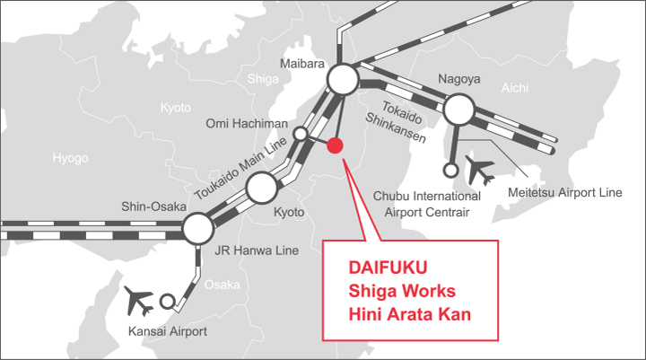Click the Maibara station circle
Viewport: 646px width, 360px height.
343,79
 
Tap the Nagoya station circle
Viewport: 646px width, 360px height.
459,110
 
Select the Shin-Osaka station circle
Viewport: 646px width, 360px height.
198,228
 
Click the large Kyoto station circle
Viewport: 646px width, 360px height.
262,188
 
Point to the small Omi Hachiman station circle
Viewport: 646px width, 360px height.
301,134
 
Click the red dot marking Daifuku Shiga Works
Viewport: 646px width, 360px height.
335,145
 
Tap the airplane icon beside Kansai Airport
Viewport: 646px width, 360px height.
139,300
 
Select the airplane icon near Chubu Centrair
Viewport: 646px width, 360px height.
480,170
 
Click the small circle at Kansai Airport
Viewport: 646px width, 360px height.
167,302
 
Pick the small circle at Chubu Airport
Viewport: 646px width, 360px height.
450,170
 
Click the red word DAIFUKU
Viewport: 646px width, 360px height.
388,268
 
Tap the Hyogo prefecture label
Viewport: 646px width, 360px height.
71,158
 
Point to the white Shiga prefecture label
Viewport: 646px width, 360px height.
263,79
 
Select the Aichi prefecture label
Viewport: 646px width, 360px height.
515,88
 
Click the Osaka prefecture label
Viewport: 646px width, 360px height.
223,285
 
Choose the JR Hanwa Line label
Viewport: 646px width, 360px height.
257,250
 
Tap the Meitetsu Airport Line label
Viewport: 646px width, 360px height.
565,193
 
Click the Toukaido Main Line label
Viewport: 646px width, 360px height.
240,168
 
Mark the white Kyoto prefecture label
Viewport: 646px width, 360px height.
176,108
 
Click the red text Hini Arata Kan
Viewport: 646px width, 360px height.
409,314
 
